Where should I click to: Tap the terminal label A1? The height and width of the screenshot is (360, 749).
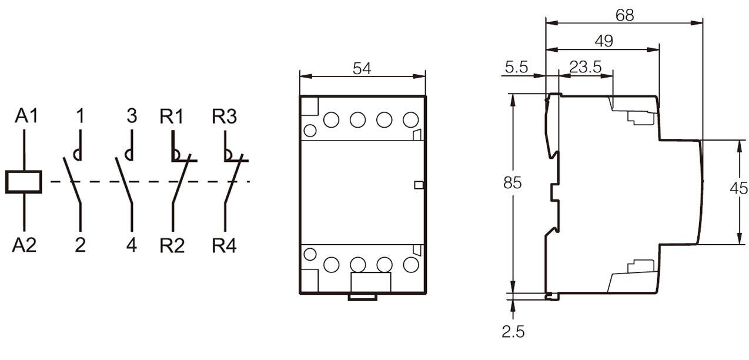(26, 116)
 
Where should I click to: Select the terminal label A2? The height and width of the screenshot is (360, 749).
(24, 245)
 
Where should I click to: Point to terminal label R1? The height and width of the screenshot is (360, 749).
(172, 116)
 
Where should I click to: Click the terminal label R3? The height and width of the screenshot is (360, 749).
(225, 116)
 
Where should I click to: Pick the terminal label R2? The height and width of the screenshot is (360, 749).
(172, 245)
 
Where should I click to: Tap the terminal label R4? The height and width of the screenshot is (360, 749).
(225, 245)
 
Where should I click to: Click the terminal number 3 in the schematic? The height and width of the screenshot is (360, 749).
(132, 116)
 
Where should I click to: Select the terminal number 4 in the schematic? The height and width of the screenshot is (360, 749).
(132, 245)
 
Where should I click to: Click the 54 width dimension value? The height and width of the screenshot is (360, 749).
(362, 68)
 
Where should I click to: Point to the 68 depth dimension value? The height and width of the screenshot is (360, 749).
(624, 15)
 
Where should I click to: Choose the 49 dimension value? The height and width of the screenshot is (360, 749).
(604, 41)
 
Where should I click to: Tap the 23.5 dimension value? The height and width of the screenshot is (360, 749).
(586, 67)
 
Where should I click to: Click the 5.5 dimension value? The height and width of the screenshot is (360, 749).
(516, 67)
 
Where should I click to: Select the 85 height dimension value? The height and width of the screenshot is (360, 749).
(512, 183)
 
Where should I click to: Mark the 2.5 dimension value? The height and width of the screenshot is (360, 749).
(513, 332)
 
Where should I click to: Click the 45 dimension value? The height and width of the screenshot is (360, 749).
(738, 188)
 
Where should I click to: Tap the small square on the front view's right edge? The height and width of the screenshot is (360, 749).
(419, 185)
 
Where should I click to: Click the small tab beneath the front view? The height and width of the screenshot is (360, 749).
(363, 297)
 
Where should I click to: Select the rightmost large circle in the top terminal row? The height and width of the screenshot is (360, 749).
(410, 120)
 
